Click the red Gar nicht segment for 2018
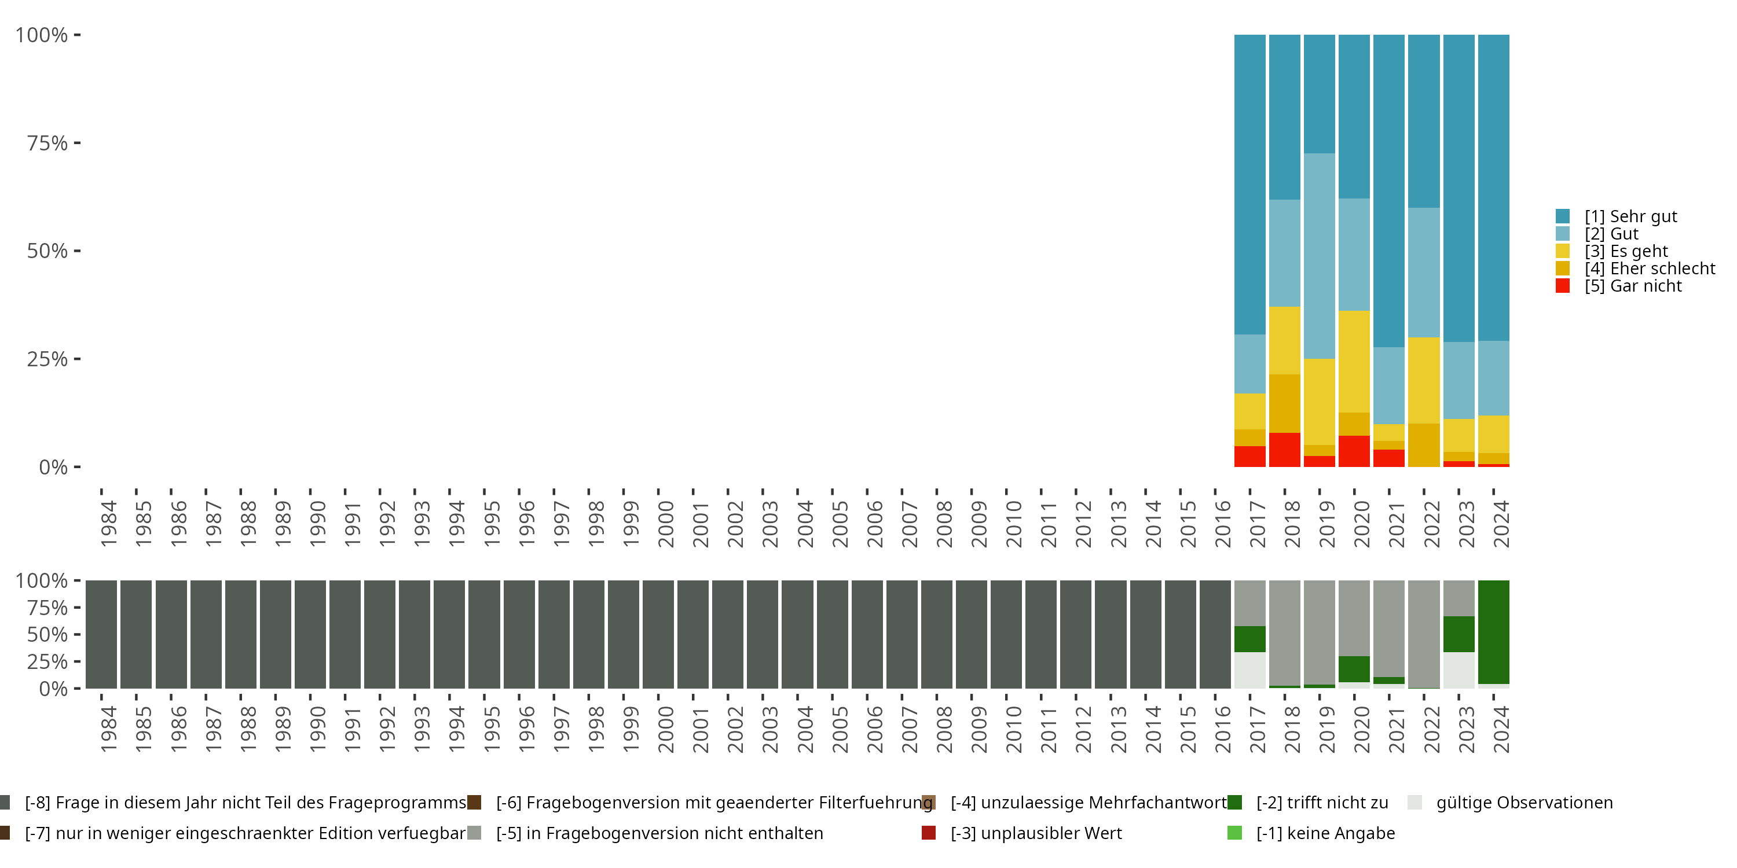[1285, 450]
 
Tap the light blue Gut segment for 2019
[1320, 256]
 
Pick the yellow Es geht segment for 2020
[1354, 361]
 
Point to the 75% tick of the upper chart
[78, 143]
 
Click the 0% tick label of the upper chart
[53, 467]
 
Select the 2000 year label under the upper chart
[665, 524]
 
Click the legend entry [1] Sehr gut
[1630, 216]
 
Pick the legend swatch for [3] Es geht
[1562, 251]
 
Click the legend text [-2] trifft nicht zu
[1322, 803]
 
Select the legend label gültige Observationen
[1524, 803]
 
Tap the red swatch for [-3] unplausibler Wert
[929, 833]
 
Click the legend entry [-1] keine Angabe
[1325, 833]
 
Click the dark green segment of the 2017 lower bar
[1250, 639]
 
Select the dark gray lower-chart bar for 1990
[310, 634]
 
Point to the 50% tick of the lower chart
[78, 634]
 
